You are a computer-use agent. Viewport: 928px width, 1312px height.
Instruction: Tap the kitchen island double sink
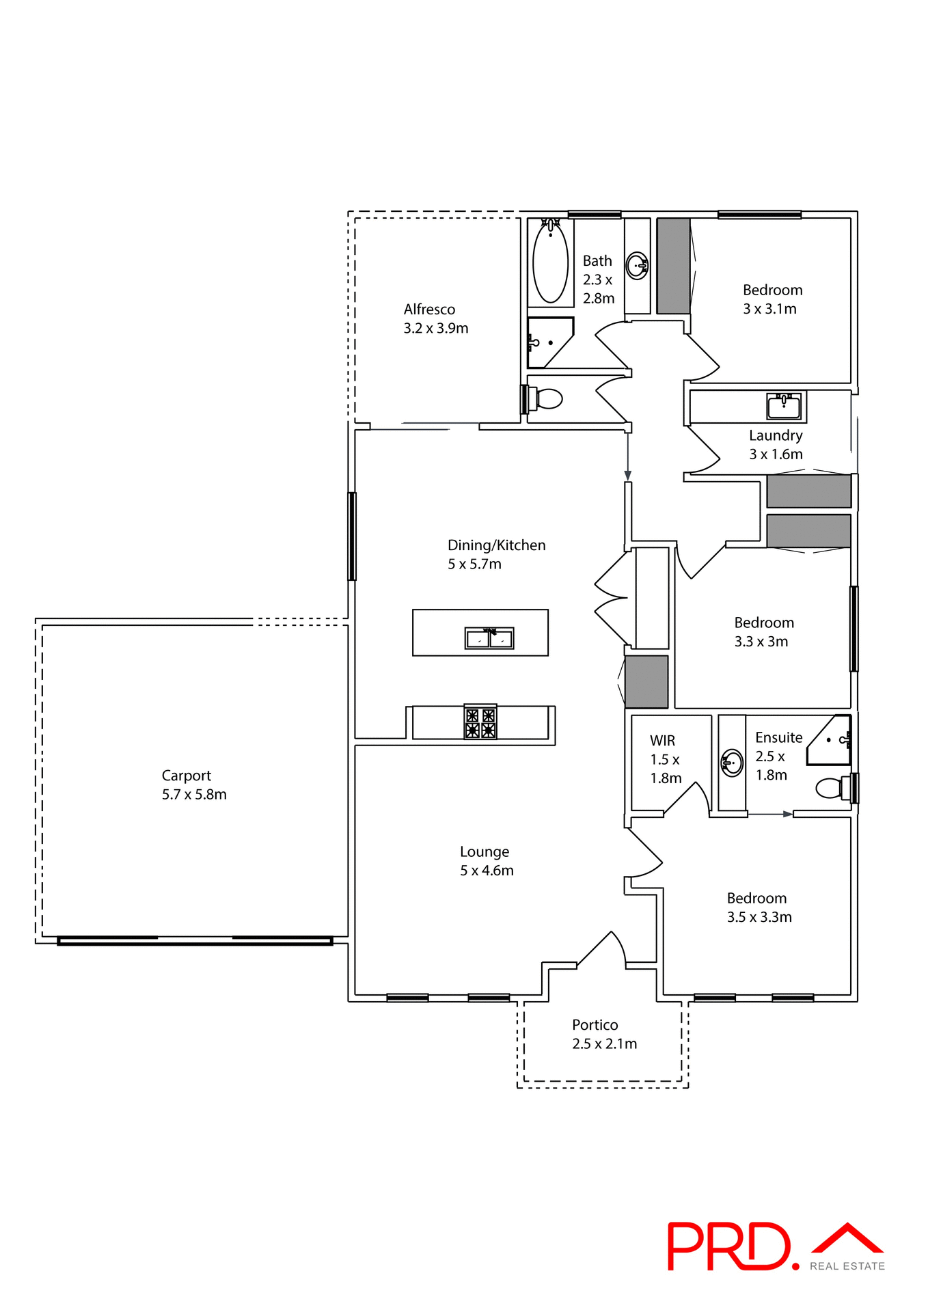click(x=489, y=638)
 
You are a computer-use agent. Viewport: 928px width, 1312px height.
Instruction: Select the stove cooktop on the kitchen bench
click(x=480, y=723)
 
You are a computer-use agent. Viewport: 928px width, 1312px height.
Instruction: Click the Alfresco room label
click(x=429, y=310)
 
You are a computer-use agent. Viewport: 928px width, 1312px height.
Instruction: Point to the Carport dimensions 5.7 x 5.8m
click(x=194, y=795)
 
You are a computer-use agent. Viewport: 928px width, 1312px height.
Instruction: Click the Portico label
click(x=595, y=1025)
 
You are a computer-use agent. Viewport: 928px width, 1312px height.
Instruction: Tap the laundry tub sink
click(x=784, y=407)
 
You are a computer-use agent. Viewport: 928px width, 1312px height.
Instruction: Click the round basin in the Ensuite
click(x=732, y=762)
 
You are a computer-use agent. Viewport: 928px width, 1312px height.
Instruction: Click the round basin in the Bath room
click(x=637, y=266)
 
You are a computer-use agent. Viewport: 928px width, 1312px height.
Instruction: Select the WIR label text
click(x=662, y=741)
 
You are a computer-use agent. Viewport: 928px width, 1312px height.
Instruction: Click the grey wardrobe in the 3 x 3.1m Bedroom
click(x=673, y=266)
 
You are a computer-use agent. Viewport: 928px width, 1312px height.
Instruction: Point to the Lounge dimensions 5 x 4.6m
click(x=487, y=871)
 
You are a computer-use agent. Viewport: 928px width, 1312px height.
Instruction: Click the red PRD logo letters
click(x=728, y=1246)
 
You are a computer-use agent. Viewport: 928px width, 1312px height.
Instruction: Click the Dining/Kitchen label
click(x=496, y=545)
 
